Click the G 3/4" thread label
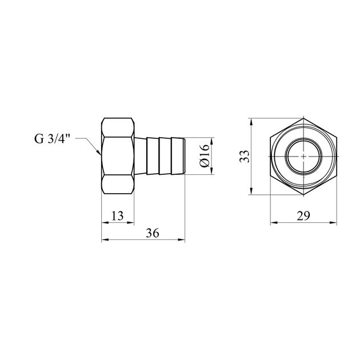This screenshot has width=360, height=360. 52,138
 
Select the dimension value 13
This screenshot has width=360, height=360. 118,216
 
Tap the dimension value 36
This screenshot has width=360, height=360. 153,233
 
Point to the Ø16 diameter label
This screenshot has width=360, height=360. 205,156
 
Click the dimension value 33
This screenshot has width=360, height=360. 245,156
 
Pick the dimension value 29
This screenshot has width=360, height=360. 303,216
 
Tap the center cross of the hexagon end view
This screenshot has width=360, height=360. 303,156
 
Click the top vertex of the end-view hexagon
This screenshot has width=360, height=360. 303,118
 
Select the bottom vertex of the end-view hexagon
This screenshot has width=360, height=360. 303,195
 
